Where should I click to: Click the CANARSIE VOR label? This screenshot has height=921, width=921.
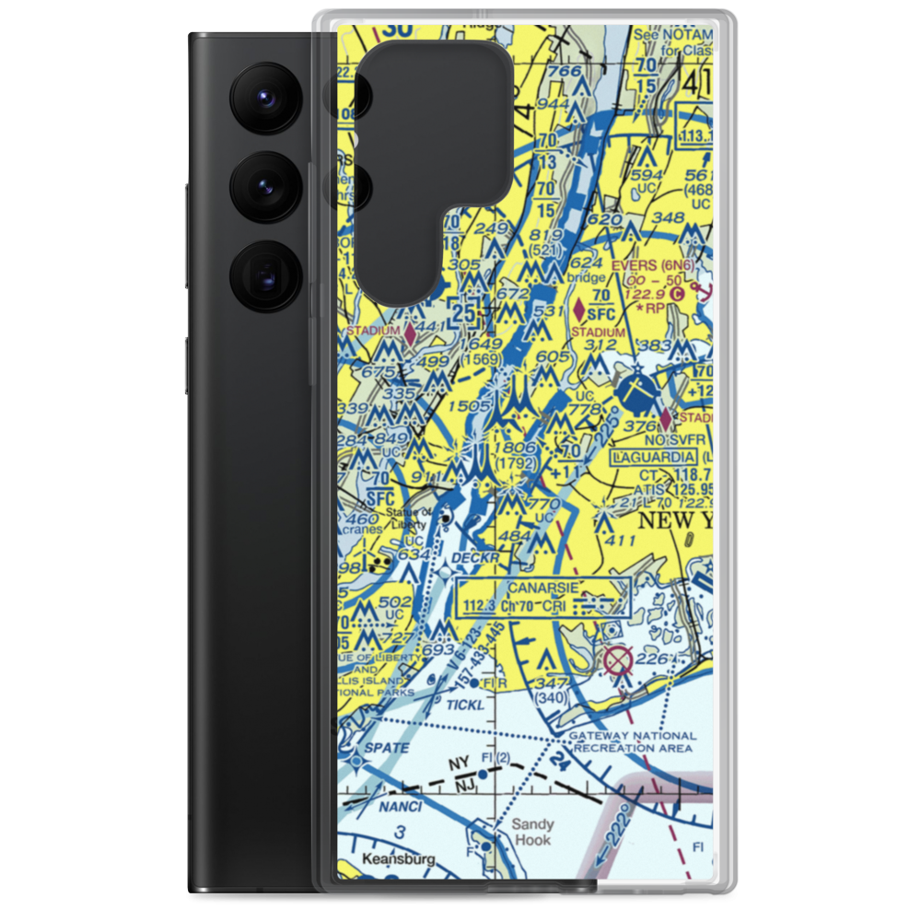pyautogui.click(x=542, y=588)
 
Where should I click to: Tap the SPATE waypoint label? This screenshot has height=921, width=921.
pyautogui.click(x=385, y=748)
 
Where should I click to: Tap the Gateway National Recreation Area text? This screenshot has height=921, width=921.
pyautogui.click(x=632, y=741)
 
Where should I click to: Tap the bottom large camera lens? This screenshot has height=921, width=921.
pyautogui.click(x=263, y=275)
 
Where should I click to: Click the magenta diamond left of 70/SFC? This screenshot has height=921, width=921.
pyautogui.click(x=579, y=307)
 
